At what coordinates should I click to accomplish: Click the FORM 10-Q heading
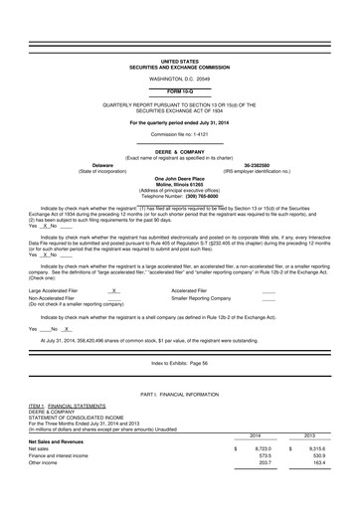click(x=179, y=90)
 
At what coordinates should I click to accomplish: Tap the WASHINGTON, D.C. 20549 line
click(x=179, y=77)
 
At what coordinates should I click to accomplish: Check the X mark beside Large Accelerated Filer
click(x=115, y=291)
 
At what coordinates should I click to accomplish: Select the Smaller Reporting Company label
click(x=205, y=298)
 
